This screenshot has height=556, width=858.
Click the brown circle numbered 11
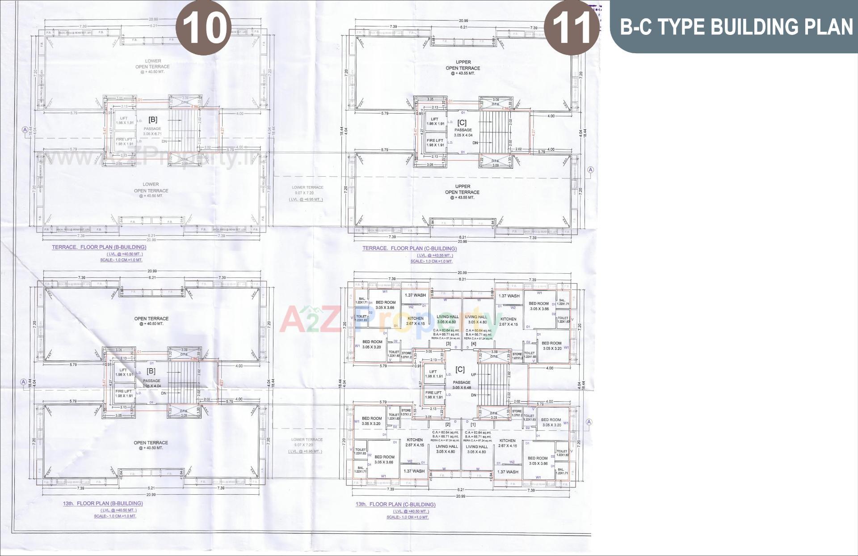(572, 27)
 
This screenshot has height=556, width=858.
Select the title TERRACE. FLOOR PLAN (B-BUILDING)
(99, 247)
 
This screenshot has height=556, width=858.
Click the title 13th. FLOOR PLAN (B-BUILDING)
(102, 503)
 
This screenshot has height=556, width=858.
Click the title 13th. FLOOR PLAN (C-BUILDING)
(395, 504)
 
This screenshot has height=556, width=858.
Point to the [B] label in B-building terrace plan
(153, 119)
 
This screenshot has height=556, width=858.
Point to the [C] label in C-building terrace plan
(462, 122)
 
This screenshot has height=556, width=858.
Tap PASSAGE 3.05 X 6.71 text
(152, 132)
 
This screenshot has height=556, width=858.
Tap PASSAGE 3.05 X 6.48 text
(462, 385)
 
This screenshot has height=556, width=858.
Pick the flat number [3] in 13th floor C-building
(448, 344)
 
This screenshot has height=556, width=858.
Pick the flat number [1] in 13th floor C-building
(473, 424)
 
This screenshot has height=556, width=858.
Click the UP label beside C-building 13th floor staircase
(474, 374)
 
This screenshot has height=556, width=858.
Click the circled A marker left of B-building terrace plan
(25, 130)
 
